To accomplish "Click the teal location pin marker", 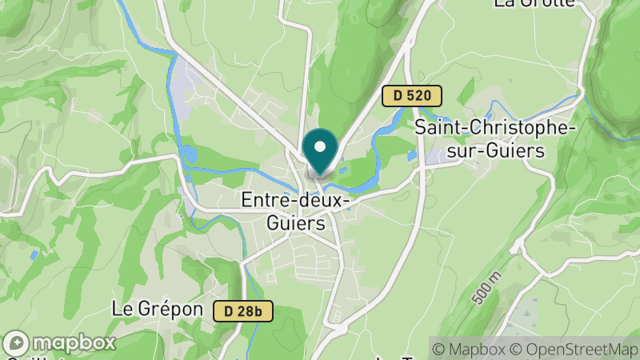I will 321,152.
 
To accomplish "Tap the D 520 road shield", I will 411,96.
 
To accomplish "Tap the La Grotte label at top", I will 534,3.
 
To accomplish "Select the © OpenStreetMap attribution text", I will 575,349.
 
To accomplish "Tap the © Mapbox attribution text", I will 468,349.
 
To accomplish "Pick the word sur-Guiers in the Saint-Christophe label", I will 497,150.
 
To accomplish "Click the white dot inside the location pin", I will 321,146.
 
